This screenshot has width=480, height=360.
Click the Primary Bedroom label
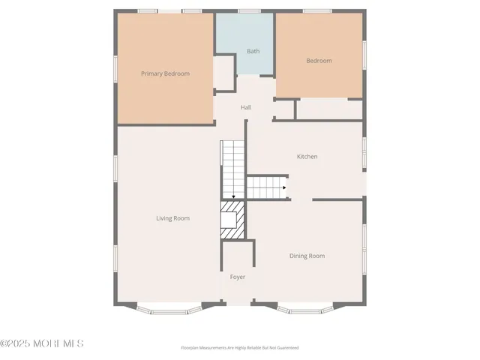pos(166,73)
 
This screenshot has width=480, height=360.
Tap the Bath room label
pos(253,51)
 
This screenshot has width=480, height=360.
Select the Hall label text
pos(245,107)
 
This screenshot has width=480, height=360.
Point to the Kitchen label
pos(307,157)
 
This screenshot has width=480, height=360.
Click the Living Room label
pos(172,218)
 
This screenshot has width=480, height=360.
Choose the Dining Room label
pos(307,256)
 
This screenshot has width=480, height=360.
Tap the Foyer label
pos(237,277)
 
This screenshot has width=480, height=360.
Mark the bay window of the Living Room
pos(169,307)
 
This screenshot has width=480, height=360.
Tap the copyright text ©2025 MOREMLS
pos(42,343)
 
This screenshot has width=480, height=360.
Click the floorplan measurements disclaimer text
pos(239,348)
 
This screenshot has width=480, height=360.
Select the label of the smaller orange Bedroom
pos(319,61)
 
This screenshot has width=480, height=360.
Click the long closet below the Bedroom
pos(329,109)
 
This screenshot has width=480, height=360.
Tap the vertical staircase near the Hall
pos(232,169)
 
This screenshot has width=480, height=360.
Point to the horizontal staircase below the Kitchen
pos(267,187)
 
